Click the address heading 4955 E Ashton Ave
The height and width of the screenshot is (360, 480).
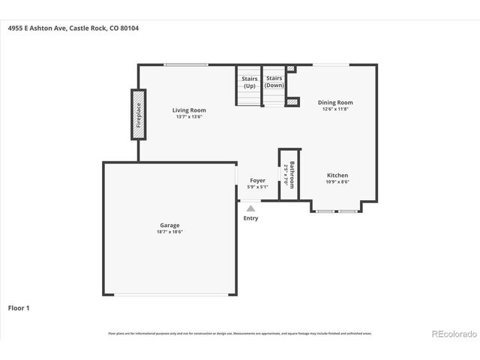tap(73, 28)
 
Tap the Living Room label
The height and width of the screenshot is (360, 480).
tap(189, 110)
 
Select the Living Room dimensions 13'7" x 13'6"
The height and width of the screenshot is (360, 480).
tap(189, 117)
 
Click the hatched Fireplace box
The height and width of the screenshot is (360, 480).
tap(138, 114)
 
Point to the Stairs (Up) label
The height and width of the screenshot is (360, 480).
tap(249, 82)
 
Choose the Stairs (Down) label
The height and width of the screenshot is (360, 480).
tap(274, 82)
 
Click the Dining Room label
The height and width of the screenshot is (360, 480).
tap(335, 103)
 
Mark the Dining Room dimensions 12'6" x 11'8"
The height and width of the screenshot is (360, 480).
tap(335, 109)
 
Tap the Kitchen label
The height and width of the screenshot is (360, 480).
tap(337, 175)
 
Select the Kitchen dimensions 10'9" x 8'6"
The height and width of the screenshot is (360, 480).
tap(337, 182)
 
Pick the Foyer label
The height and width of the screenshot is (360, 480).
tap(257, 181)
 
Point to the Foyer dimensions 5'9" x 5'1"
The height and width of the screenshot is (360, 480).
tap(257, 187)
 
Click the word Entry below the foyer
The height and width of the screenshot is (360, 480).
tap(250, 218)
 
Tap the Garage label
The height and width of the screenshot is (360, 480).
tap(169, 225)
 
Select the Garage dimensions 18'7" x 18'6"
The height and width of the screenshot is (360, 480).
tap(169, 232)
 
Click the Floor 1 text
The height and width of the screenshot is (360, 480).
tap(19, 307)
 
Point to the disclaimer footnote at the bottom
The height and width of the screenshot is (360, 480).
tap(240, 334)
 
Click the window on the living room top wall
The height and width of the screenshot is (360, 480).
tap(186, 65)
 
